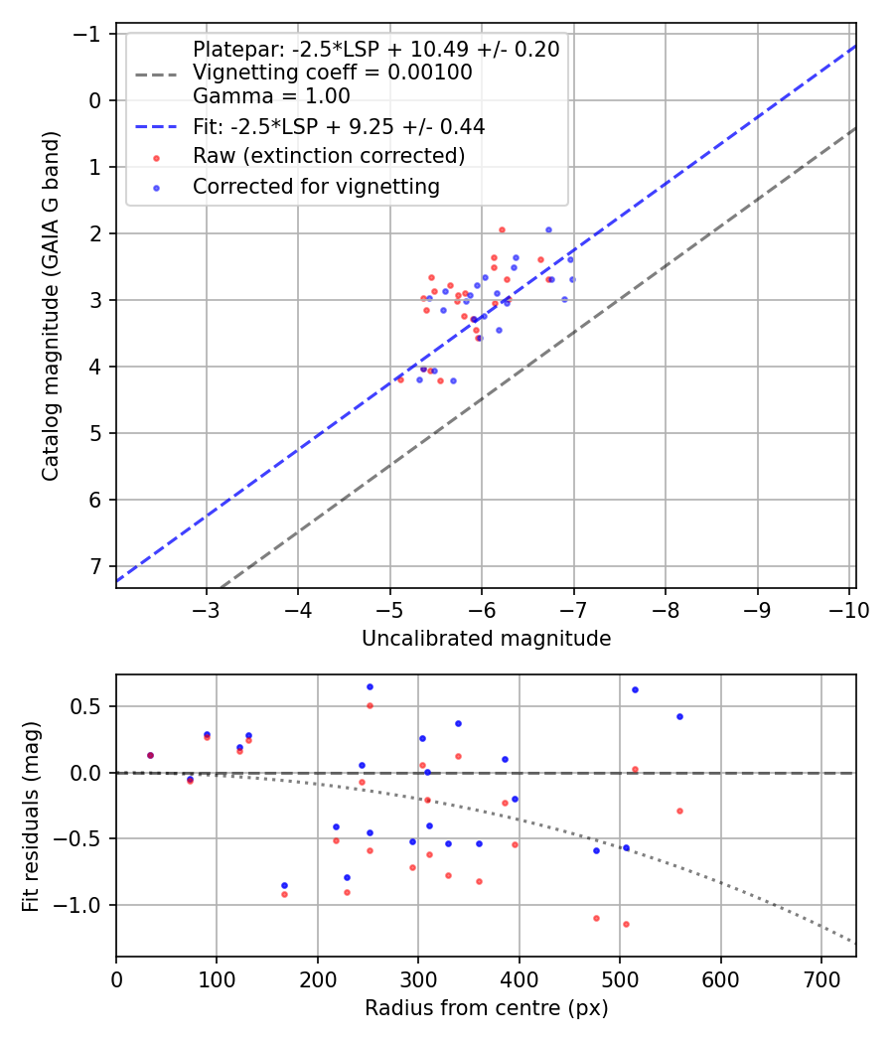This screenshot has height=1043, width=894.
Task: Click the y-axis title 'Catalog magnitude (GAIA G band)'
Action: (51, 306)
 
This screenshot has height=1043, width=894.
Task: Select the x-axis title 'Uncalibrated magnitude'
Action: (487, 639)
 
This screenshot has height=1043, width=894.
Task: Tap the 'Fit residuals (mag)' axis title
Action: (31, 817)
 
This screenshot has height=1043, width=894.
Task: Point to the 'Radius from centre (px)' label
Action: (487, 1008)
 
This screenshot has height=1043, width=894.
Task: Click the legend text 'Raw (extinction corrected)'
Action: (329, 156)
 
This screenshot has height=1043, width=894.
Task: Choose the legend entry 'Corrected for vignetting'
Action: (316, 187)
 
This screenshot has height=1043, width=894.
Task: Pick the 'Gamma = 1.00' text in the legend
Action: (271, 96)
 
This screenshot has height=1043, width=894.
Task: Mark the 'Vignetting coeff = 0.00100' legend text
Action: (333, 73)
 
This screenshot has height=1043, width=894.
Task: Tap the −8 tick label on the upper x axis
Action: (666, 610)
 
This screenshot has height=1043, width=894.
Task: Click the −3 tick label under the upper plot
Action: (206, 610)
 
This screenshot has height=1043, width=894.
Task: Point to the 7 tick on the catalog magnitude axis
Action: (95, 566)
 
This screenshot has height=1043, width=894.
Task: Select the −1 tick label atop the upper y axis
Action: (87, 34)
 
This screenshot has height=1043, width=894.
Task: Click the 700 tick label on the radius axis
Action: (821, 979)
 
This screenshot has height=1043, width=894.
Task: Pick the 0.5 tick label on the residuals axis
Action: (86, 706)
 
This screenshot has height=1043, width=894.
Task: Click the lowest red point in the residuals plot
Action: (626, 924)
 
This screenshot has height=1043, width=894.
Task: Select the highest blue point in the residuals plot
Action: (370, 686)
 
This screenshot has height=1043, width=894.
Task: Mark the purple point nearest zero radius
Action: (150, 755)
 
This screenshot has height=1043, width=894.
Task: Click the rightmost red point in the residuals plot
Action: (679, 811)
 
